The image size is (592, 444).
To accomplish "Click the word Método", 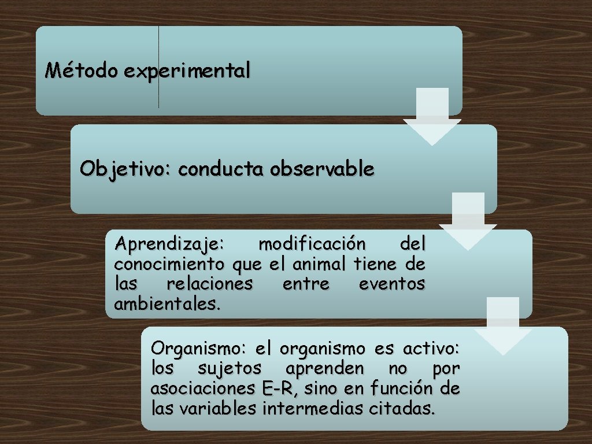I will coord(82,71).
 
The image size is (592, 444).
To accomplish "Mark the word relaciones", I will coord(209,284).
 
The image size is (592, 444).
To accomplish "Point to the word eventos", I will coord(392,284).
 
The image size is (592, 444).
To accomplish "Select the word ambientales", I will coord(168,304).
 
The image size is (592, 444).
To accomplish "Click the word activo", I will coord(431,349).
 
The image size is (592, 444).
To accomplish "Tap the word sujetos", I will coord(230,368).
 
